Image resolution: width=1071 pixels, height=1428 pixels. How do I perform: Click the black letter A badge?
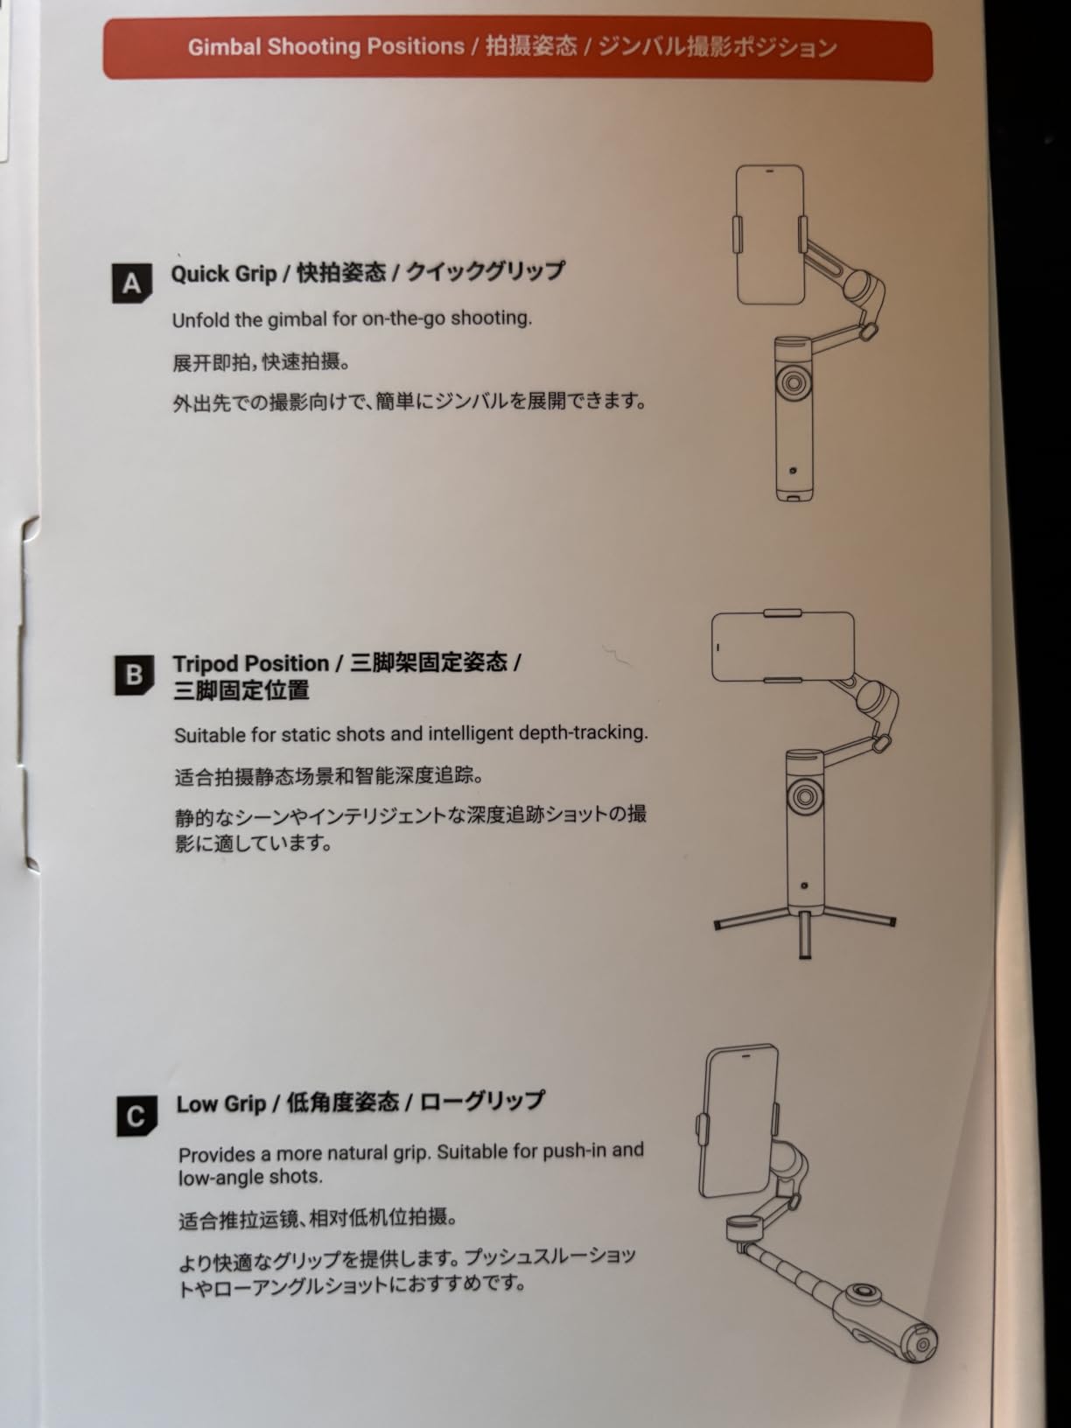click(x=132, y=283)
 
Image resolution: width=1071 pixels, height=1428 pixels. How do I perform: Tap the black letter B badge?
click(x=135, y=675)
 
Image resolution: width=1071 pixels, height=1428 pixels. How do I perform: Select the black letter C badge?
click(x=136, y=1116)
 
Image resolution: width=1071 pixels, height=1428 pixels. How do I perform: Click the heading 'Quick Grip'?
click(x=224, y=274)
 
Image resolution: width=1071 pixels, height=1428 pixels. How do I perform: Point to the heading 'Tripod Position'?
click(x=251, y=663)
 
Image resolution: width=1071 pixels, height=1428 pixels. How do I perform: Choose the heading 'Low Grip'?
click(x=221, y=1104)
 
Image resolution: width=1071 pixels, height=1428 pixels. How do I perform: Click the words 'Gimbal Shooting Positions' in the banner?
click(x=326, y=47)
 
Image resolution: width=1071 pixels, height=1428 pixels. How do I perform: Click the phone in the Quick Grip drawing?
click(x=770, y=234)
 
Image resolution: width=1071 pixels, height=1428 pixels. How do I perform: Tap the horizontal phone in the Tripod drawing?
click(x=783, y=647)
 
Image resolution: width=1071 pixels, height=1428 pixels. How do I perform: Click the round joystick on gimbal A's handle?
click(x=793, y=382)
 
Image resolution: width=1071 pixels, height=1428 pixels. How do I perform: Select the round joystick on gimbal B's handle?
click(x=804, y=796)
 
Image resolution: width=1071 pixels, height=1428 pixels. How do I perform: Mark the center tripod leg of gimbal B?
click(x=804, y=934)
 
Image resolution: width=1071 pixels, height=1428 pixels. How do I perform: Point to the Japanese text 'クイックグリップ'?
click(x=486, y=271)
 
